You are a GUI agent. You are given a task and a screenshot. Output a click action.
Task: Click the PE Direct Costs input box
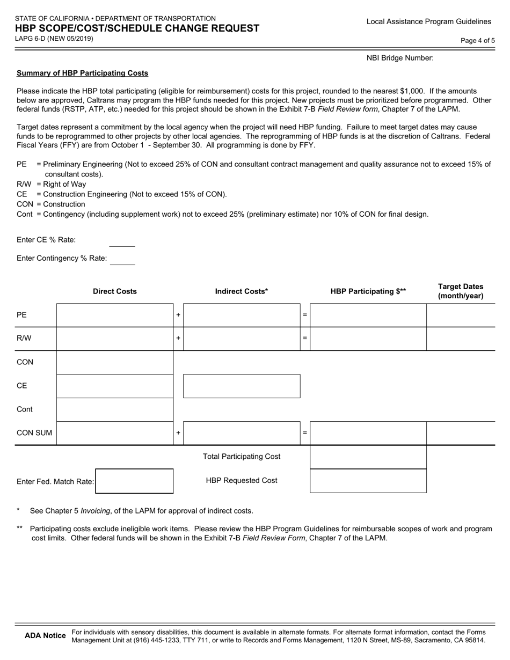115,315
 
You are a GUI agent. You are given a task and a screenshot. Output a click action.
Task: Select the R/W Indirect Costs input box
242,339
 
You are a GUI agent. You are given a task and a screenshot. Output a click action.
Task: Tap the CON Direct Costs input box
115,362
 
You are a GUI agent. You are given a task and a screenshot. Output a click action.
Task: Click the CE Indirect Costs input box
242,386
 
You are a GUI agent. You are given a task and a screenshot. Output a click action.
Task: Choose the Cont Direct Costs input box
115,409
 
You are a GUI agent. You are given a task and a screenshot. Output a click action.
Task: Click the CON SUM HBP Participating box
368,433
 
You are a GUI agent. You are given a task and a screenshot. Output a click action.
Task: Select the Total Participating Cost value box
368,457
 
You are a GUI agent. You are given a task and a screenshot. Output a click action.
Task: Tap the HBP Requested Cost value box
368,481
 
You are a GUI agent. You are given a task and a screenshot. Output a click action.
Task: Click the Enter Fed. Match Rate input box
134,481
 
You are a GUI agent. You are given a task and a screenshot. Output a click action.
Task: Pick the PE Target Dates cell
461,315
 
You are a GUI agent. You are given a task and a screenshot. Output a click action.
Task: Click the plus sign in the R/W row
178,339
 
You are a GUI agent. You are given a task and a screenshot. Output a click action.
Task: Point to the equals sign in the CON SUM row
305,433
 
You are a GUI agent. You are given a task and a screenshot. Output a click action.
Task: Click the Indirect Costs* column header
242,291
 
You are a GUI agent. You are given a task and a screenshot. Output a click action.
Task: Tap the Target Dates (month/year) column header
461,291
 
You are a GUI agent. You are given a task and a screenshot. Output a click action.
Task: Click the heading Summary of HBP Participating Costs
83,73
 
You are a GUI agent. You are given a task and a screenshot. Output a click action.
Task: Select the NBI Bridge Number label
400,58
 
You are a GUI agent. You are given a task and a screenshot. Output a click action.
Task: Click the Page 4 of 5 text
478,40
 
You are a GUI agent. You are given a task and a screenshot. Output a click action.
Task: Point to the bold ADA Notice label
46,635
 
